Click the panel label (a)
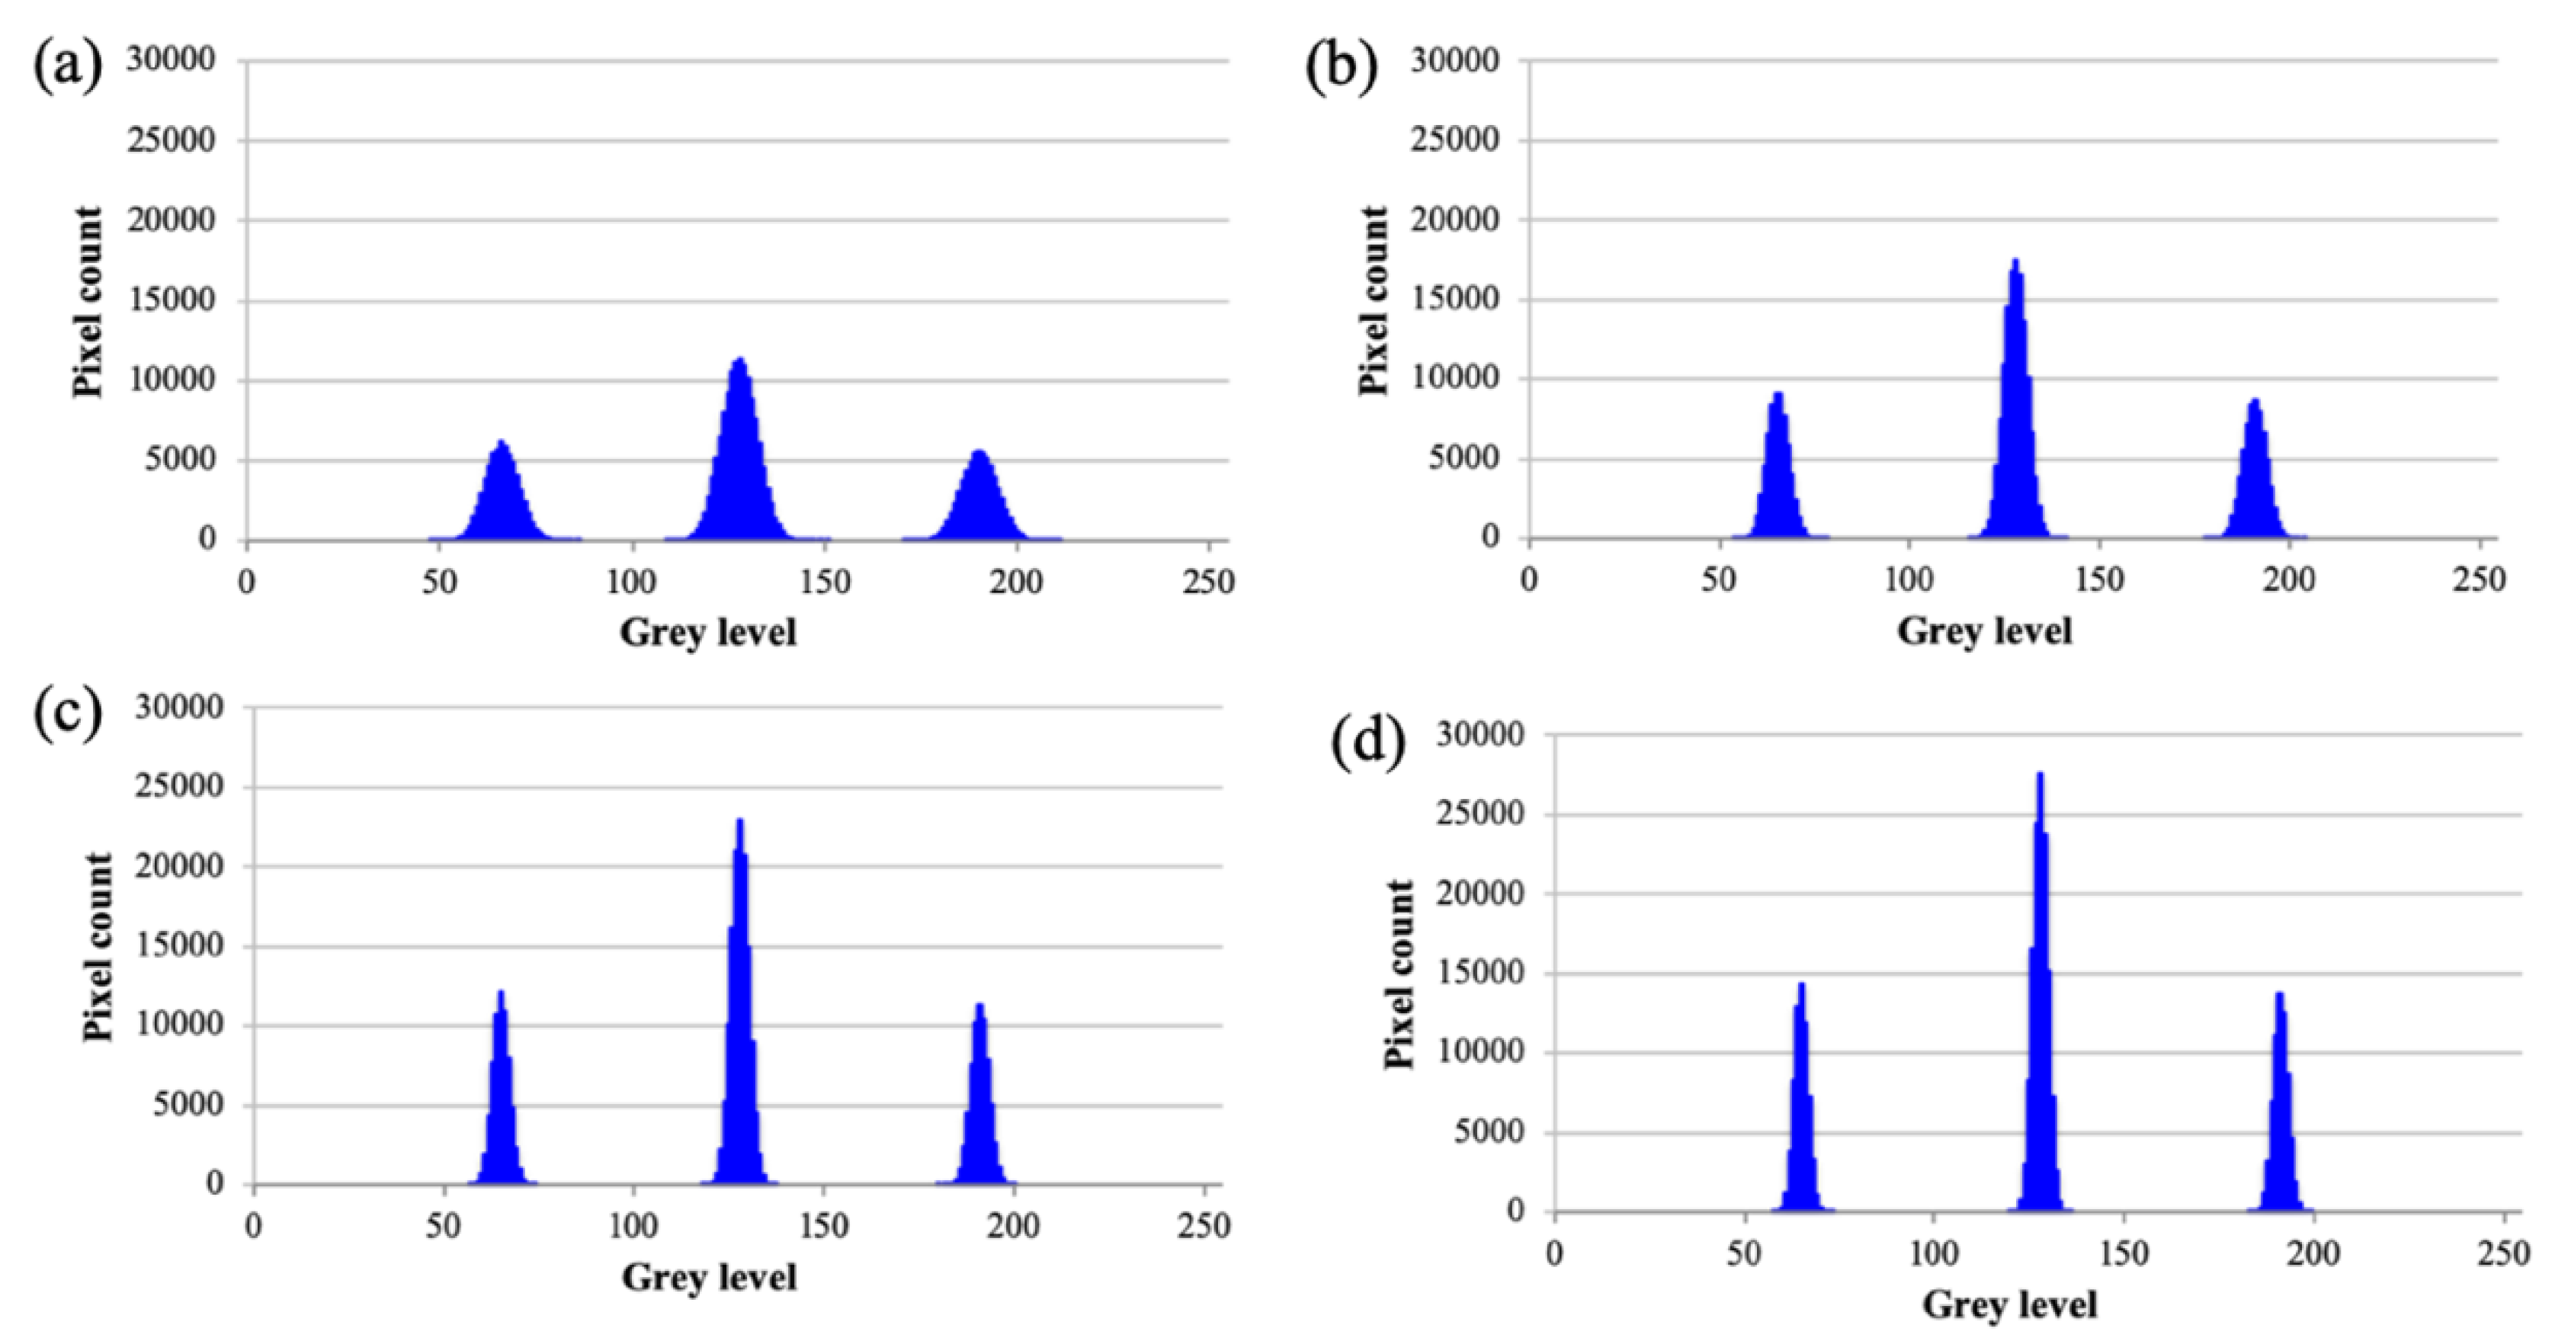[67, 67]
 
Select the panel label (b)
[1341, 67]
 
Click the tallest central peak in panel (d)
[2039, 992]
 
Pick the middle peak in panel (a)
[739, 456]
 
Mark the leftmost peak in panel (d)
[1800, 1101]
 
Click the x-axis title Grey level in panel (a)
[708, 632]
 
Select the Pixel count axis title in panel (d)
[1399, 974]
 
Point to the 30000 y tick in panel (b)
[1455, 60]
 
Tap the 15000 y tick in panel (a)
[171, 300]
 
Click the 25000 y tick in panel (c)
[180, 788]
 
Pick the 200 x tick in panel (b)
[2289, 580]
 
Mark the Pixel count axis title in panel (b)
[1374, 300]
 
